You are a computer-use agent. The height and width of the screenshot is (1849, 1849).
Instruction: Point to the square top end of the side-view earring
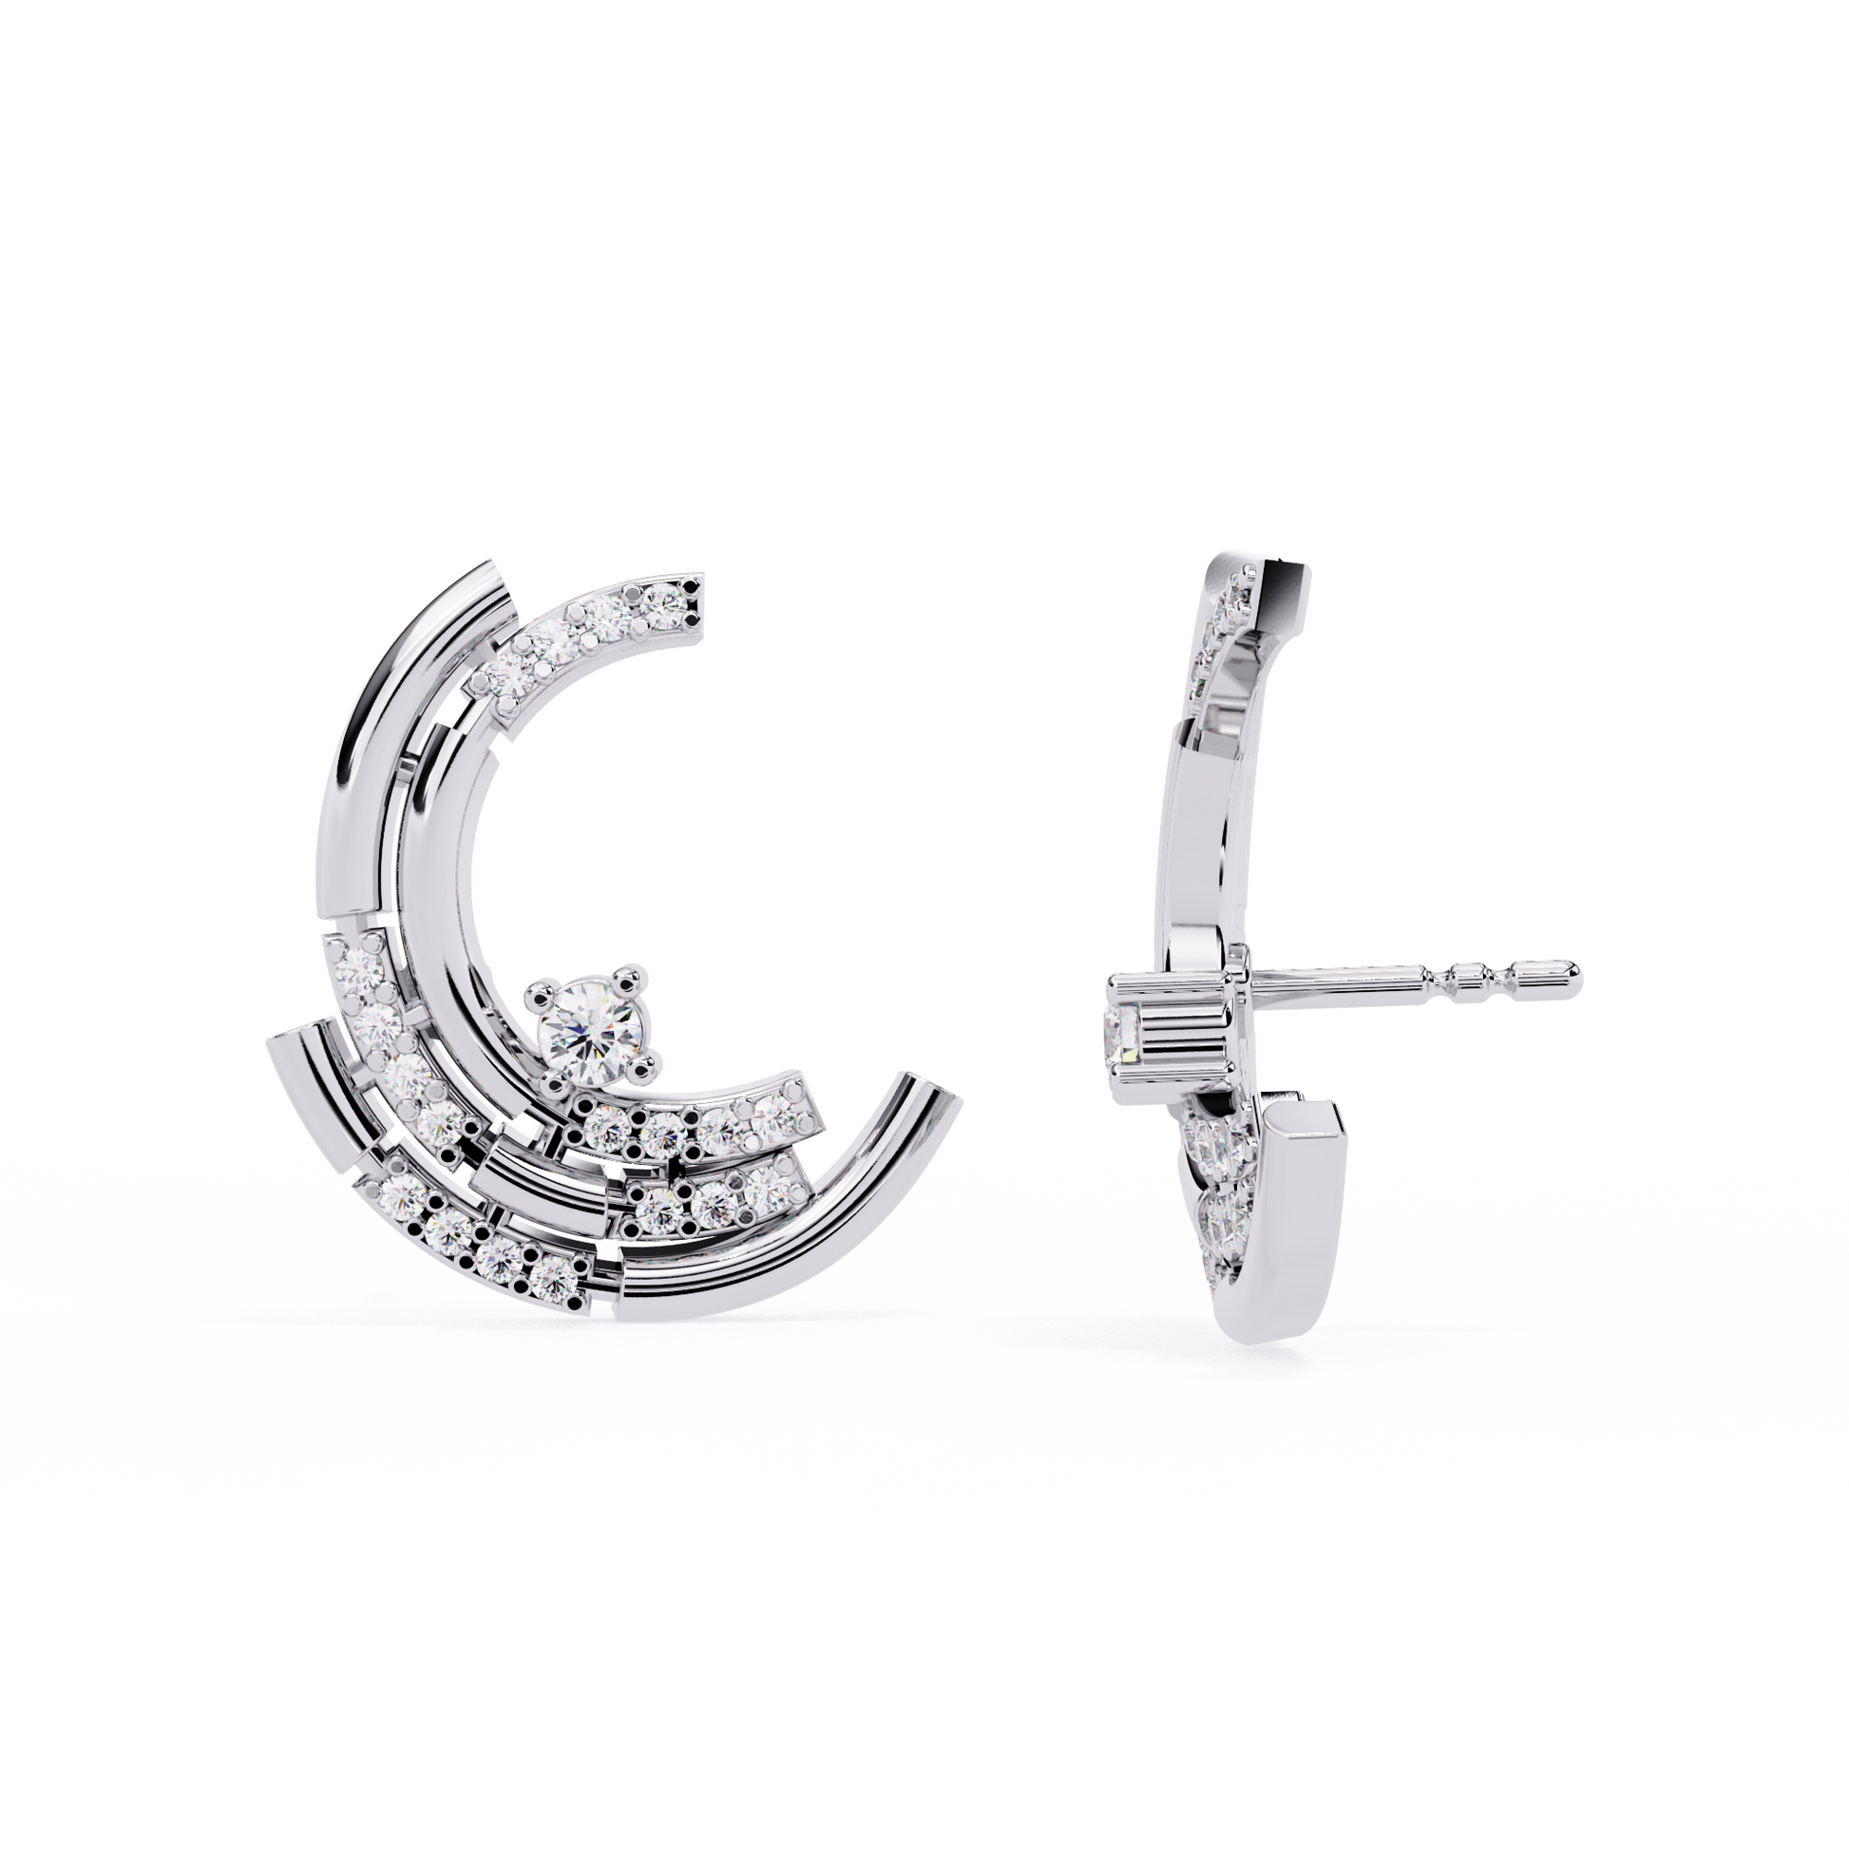pos(1283,580)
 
